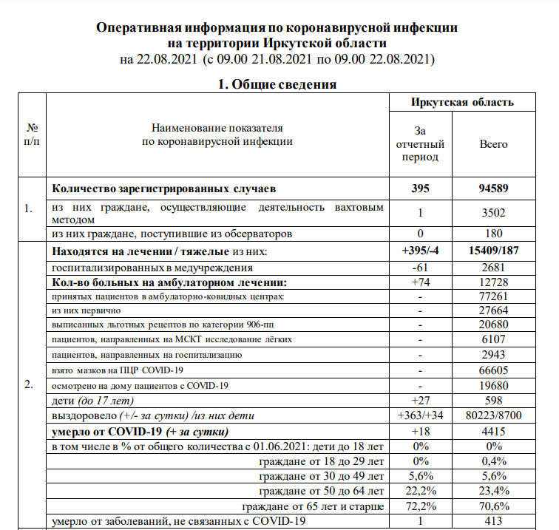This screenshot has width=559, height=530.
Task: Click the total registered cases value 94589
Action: (x=494, y=188)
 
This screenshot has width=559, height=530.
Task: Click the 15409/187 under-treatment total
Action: (x=494, y=252)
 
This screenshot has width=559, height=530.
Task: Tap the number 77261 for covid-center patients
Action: (x=494, y=296)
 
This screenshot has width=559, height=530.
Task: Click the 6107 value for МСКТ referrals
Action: (x=494, y=341)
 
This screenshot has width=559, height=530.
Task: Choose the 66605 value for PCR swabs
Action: (x=494, y=370)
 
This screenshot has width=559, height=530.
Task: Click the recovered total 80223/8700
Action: (x=494, y=415)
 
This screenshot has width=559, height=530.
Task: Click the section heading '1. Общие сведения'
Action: (x=277, y=84)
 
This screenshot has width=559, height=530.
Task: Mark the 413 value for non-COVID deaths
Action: (x=494, y=522)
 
